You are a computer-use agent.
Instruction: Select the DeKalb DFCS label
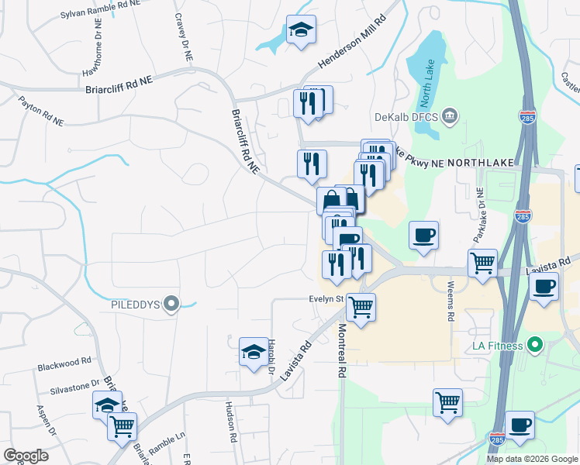408,117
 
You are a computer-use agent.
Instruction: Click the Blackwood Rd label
64,361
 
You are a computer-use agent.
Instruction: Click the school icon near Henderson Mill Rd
301,31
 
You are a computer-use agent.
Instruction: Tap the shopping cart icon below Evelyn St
361,308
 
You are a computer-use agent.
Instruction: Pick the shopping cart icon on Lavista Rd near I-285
482,263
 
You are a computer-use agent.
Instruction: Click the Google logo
26,456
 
